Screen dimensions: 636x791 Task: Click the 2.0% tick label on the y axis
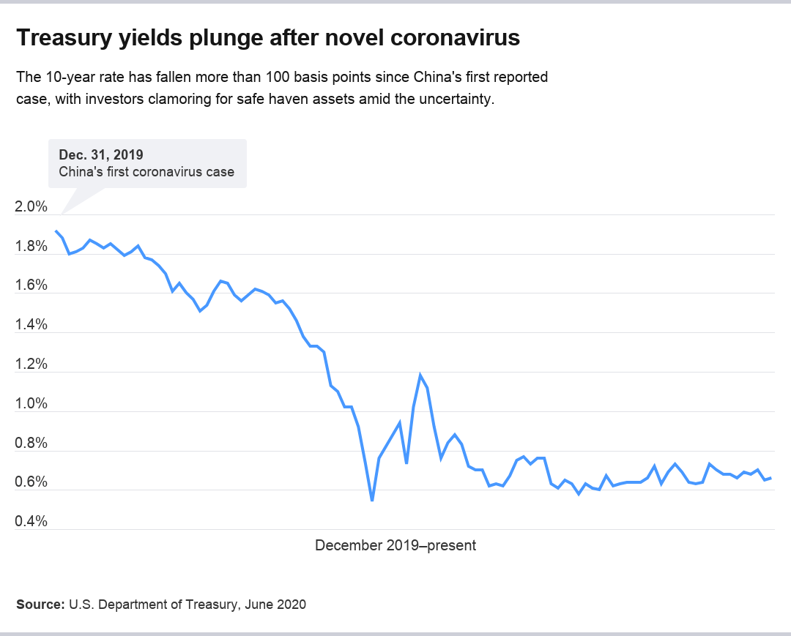coord(31,207)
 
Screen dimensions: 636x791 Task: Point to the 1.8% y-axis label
coord(31,247)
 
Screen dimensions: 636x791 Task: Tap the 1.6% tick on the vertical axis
coord(31,285)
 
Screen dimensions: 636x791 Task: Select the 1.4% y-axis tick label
coord(31,325)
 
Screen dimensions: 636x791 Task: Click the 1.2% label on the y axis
coord(31,364)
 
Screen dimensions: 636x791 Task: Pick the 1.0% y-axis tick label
coord(31,404)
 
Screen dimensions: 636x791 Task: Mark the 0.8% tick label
coord(31,444)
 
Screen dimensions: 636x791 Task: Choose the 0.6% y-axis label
coord(31,482)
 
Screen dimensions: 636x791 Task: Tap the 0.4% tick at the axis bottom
coord(31,522)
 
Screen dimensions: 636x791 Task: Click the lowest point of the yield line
coord(372,501)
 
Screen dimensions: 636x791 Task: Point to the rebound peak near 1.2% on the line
coord(420,375)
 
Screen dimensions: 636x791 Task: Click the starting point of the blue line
coord(56,231)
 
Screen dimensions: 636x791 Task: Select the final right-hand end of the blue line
coord(770,478)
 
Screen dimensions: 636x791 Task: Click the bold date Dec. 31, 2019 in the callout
coord(101,154)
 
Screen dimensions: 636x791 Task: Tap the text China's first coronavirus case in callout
coord(146,172)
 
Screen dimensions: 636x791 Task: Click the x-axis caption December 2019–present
coord(395,545)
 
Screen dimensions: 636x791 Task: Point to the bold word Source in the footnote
coord(40,605)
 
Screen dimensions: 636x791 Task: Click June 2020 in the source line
coord(278,605)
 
